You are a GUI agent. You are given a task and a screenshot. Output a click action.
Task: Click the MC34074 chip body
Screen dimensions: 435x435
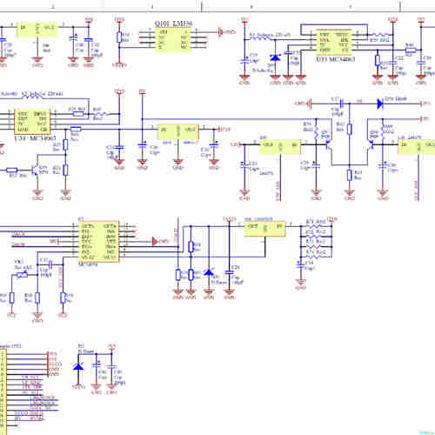click(x=97, y=241)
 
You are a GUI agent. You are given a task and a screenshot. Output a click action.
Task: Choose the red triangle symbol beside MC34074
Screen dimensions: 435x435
click(x=153, y=240)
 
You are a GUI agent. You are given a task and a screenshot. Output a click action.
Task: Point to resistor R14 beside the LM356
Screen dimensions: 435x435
click(x=123, y=38)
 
